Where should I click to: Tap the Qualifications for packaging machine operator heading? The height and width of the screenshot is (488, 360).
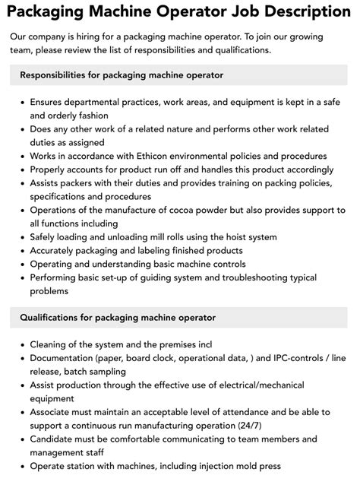118,317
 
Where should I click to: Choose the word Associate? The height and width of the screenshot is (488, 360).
55,411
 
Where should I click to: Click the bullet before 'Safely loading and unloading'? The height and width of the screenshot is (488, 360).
21,237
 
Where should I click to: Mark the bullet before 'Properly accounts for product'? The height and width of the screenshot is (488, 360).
21,169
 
